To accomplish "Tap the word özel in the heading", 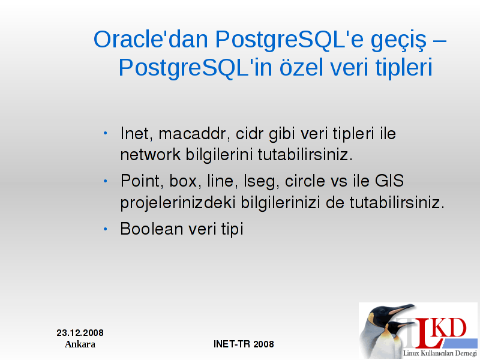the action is [x=302, y=67].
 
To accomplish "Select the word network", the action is [x=150, y=154].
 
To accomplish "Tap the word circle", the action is [x=305, y=181].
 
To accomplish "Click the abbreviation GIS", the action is [x=389, y=181].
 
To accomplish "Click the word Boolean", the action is [x=152, y=229].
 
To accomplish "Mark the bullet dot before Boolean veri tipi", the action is [x=106, y=229].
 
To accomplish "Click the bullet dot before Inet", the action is [x=106, y=133].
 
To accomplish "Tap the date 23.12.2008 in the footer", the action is [x=80, y=333].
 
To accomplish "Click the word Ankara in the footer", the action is [x=80, y=344].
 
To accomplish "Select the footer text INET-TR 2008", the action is [x=244, y=344].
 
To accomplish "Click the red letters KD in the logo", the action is [x=451, y=328].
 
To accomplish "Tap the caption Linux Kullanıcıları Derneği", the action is [x=440, y=353].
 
